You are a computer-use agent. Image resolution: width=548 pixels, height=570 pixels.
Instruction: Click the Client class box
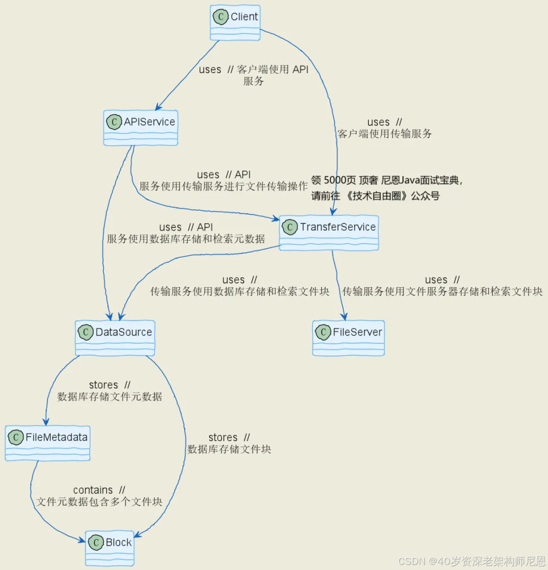click(x=235, y=23)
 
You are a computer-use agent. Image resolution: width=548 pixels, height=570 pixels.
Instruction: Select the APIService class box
click(x=141, y=128)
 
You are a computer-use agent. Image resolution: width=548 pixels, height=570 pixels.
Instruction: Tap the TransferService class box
click(x=329, y=233)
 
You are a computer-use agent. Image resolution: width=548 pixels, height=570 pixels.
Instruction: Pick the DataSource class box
click(x=115, y=338)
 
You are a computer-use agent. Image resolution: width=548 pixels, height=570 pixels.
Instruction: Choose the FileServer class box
click(x=349, y=338)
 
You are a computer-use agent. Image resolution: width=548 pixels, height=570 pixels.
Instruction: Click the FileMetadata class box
click(x=48, y=443)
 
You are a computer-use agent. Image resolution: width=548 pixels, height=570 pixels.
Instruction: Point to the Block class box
click(x=110, y=548)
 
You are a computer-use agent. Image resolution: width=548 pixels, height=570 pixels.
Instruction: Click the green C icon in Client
click(x=220, y=17)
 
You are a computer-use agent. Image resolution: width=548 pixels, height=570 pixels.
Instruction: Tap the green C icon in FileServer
click(x=323, y=332)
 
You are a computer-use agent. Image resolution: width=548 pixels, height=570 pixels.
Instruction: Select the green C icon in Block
click(x=95, y=543)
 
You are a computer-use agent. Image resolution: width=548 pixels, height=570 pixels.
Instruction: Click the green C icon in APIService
click(x=114, y=122)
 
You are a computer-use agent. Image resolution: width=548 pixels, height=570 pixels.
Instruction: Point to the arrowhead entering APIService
click(x=158, y=107)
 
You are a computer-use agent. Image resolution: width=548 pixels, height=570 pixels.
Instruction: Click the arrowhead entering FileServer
click(x=344, y=317)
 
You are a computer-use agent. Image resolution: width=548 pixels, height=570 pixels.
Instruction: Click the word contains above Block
click(x=93, y=490)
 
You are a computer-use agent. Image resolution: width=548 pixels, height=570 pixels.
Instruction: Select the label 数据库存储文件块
click(x=229, y=449)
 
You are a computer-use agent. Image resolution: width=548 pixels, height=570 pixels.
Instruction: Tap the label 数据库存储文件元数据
click(x=110, y=397)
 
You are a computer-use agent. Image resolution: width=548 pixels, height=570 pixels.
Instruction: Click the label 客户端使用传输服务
click(x=385, y=134)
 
